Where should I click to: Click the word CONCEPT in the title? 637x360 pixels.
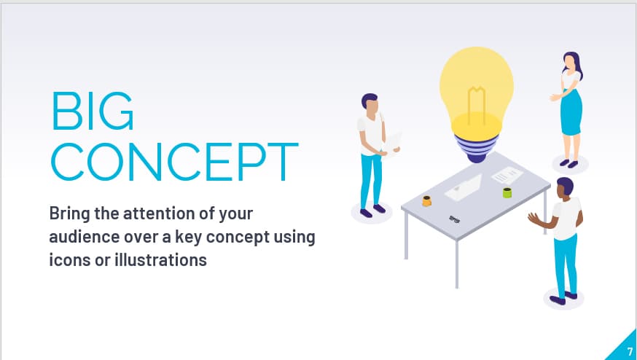point(174,162)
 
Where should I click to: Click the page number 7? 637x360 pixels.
point(629,351)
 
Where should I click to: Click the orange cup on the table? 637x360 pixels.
point(426,200)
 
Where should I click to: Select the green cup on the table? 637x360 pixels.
point(507,192)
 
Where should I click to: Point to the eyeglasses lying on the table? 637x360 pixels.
point(455,218)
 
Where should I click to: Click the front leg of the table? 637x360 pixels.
point(456,262)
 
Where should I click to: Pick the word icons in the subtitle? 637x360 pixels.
point(71,259)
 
